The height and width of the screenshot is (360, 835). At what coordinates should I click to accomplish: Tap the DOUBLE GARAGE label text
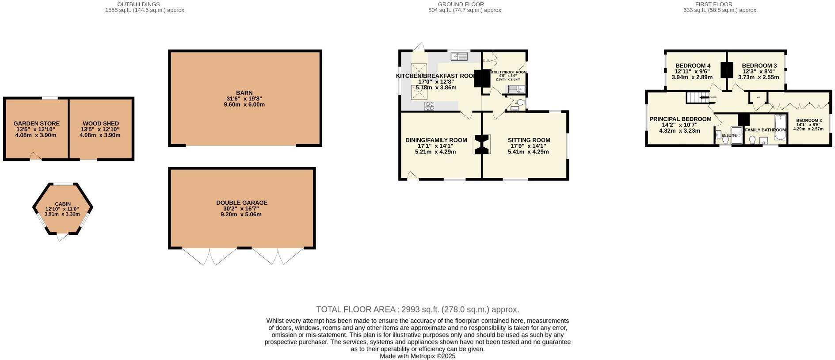(x=241, y=203)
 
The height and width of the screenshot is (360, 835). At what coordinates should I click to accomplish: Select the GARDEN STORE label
(x=36, y=124)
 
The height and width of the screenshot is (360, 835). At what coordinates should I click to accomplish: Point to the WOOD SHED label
(x=100, y=124)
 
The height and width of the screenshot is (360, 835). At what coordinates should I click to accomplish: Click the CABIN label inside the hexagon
(x=63, y=204)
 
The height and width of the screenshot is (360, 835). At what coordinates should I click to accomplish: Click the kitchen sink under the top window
(x=460, y=57)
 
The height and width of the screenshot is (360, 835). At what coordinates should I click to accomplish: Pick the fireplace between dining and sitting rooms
(x=482, y=145)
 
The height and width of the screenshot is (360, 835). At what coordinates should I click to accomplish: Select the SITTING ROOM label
(x=529, y=140)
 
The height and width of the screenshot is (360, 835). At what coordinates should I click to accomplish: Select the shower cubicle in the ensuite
(x=736, y=136)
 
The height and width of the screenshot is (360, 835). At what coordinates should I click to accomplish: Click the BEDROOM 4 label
(x=692, y=66)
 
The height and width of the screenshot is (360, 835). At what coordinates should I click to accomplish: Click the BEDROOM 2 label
(x=809, y=120)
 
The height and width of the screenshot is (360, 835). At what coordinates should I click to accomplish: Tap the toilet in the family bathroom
(x=752, y=140)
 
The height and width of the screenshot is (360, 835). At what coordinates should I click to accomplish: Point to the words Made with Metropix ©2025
(x=417, y=356)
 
